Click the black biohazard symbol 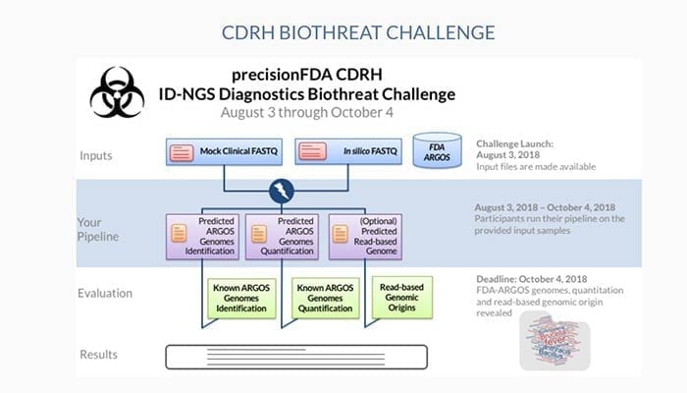tap(118, 92)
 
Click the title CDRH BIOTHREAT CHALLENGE tap(343, 31)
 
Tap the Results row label tap(99, 354)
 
